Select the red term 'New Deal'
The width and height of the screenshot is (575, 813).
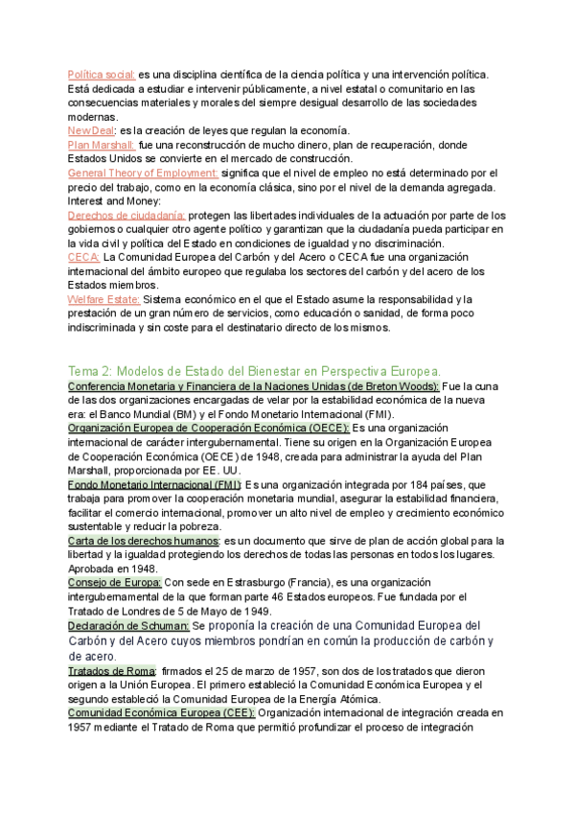[91, 130]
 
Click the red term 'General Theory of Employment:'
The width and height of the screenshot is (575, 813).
[144, 173]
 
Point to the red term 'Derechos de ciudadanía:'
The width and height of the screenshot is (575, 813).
[127, 216]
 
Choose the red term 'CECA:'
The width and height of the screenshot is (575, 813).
[83, 258]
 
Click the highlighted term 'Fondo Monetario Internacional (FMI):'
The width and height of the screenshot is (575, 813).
[154, 485]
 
